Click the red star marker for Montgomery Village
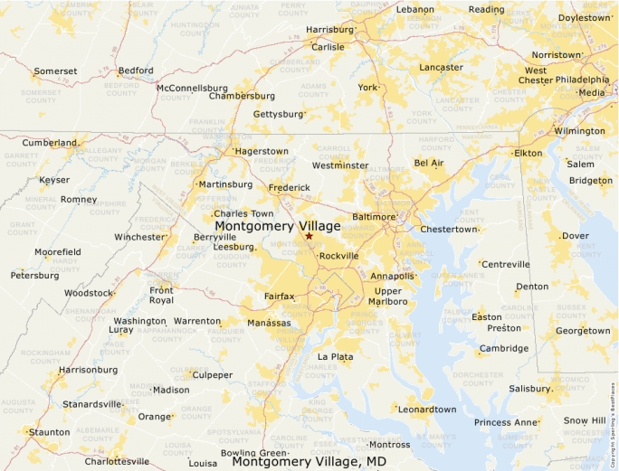tap(309, 236)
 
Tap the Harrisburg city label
tap(329, 29)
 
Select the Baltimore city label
tap(374, 217)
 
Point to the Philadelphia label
tap(582, 80)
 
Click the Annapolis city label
tap(393, 276)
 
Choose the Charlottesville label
tap(117, 461)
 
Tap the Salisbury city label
tap(529, 389)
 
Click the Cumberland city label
tap(50, 143)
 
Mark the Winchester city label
tap(139, 238)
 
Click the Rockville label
tap(338, 256)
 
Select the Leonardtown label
tap(427, 410)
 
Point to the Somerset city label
tap(55, 71)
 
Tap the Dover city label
tap(576, 236)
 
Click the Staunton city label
tap(49, 433)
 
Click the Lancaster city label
tap(442, 68)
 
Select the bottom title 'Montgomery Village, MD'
tap(309, 462)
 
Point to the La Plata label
tap(335, 357)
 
